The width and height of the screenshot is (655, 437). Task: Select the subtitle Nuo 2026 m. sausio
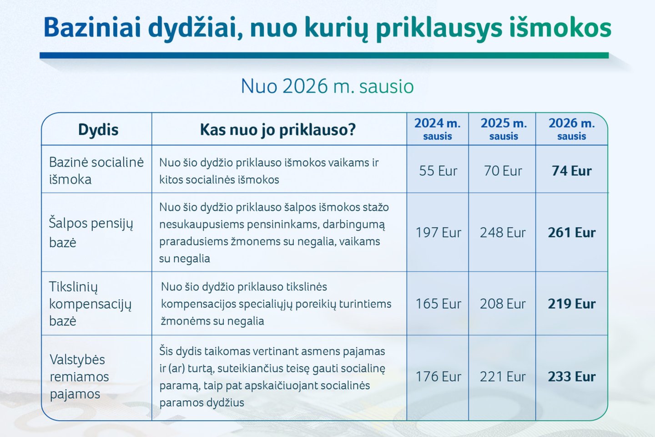click(x=327, y=86)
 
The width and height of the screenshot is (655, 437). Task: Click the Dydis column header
click(x=98, y=130)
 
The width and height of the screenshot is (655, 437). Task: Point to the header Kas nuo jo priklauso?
click(x=277, y=130)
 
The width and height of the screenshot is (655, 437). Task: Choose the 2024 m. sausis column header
click(x=438, y=129)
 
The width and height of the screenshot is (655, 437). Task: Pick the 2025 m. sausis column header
click(x=504, y=129)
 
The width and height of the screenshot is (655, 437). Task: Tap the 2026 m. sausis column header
click(x=572, y=129)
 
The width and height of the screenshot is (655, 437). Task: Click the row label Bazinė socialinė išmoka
click(x=96, y=171)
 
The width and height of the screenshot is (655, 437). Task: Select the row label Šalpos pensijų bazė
click(x=91, y=233)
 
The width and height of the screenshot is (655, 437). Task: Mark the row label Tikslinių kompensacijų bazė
click(x=90, y=304)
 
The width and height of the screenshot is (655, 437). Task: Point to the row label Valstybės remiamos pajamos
click(x=79, y=377)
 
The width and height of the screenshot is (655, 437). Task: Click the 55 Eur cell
click(x=438, y=171)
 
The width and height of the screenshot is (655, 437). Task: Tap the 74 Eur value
click(x=572, y=171)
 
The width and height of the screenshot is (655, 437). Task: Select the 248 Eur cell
click(x=503, y=233)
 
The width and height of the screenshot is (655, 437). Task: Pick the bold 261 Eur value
click(x=572, y=233)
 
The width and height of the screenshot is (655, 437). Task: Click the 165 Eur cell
click(x=438, y=304)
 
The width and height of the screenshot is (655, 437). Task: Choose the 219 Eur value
click(x=572, y=304)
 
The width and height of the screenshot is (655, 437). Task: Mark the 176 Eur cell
click(x=438, y=377)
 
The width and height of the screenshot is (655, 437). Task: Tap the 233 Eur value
click(x=572, y=377)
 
